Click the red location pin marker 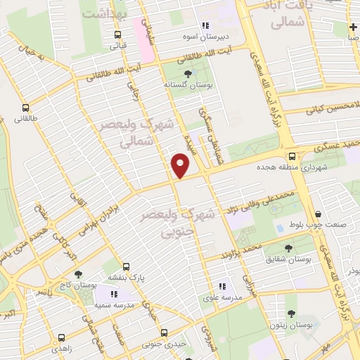click(x=181, y=166)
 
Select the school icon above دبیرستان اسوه click(x=225, y=26)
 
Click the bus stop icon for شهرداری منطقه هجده click(x=291, y=157)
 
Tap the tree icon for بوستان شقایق click(x=289, y=248)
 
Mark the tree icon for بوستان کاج click(x=77, y=274)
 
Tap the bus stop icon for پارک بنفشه click(x=127, y=267)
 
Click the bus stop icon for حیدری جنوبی click(x=163, y=332)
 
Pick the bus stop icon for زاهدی click(x=62, y=337)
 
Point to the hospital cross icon click(x=353, y=27)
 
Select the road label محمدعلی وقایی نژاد click(x=259, y=199)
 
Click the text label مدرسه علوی click(x=222, y=297)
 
